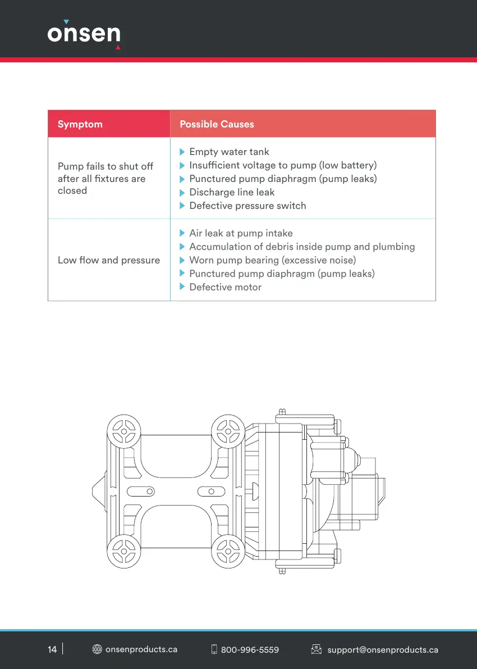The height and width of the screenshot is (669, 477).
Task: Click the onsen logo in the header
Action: [x=84, y=33]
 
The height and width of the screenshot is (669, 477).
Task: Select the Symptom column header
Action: [x=80, y=124]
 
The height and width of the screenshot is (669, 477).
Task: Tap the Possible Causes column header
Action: [x=217, y=124]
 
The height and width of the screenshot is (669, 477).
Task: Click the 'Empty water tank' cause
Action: [x=229, y=152]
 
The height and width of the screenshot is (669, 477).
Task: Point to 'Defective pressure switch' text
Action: [x=247, y=206]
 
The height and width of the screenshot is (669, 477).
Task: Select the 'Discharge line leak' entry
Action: [x=232, y=192]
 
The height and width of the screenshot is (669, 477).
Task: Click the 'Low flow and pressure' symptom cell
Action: [x=109, y=260]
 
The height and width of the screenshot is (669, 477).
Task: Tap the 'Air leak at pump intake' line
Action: [x=241, y=233]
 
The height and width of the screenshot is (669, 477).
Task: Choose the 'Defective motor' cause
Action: [x=225, y=287]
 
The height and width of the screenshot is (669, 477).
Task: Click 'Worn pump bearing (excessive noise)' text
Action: [x=272, y=260]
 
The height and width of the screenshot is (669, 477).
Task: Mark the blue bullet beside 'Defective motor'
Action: [x=182, y=287]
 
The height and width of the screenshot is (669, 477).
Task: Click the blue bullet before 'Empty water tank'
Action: [x=182, y=152]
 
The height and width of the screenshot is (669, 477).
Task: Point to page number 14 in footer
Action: [x=52, y=649]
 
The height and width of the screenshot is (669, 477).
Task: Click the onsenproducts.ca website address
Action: [x=141, y=649]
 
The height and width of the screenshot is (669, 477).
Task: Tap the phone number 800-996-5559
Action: [x=250, y=650]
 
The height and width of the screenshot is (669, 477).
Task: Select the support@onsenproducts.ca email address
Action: [x=383, y=650]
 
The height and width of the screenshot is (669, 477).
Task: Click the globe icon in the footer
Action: [x=97, y=649]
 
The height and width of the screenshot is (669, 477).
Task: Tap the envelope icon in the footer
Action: [x=317, y=649]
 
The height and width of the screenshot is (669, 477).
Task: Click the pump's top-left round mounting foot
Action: [x=122, y=431]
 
